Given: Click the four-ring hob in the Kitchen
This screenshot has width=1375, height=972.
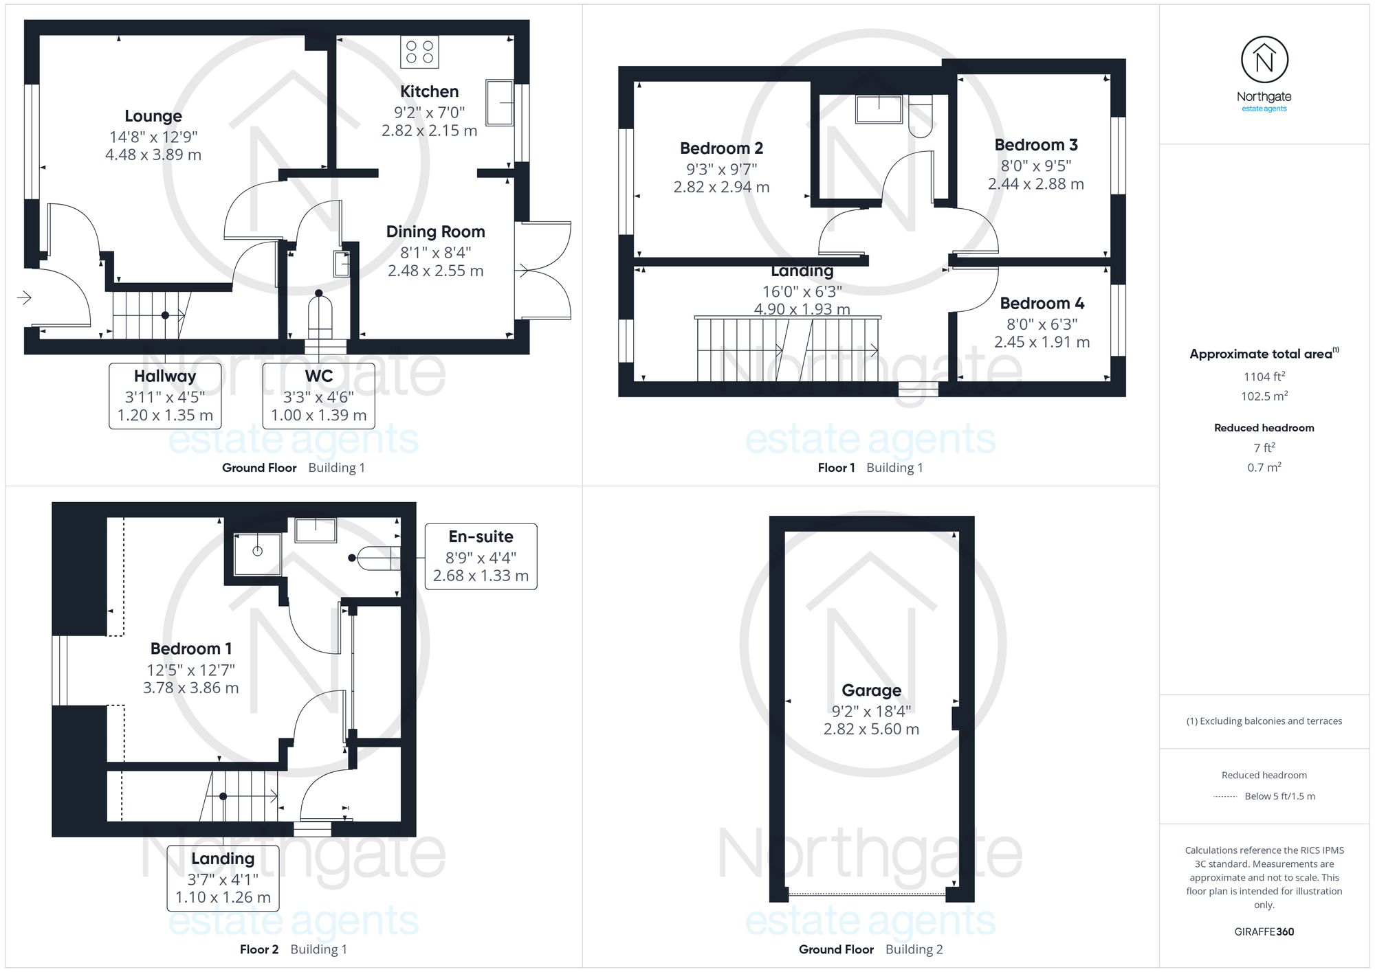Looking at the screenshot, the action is point(419,52).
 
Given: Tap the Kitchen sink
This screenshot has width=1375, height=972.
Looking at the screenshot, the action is point(500,102).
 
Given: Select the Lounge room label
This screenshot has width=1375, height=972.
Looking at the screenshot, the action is point(153,116).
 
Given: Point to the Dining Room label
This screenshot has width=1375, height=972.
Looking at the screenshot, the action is point(435,231).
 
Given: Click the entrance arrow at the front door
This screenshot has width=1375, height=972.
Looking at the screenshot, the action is point(24,297).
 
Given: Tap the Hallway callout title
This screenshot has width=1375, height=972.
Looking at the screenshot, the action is point(165,376).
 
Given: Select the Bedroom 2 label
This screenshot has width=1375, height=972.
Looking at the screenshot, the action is point(721,148).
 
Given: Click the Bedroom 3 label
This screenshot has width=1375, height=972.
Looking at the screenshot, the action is point(1036,145).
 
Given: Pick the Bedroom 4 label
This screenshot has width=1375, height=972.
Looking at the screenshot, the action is point(1042,304).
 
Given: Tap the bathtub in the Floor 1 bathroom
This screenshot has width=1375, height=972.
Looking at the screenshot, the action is point(879,109).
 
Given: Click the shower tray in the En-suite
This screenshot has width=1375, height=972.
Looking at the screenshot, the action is point(257,553).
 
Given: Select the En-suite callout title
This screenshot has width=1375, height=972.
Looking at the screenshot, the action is point(481,536).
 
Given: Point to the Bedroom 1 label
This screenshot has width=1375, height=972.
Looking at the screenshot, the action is point(191,648).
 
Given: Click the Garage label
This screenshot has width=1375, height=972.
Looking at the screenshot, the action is point(871,690).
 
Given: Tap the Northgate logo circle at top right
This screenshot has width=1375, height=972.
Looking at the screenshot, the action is point(1264,60).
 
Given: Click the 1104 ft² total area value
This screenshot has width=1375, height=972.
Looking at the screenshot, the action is point(1264,376).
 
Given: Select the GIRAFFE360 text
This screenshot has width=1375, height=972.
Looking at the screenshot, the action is point(1264,932).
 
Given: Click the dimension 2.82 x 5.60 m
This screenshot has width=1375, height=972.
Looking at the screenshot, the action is point(871,729).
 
